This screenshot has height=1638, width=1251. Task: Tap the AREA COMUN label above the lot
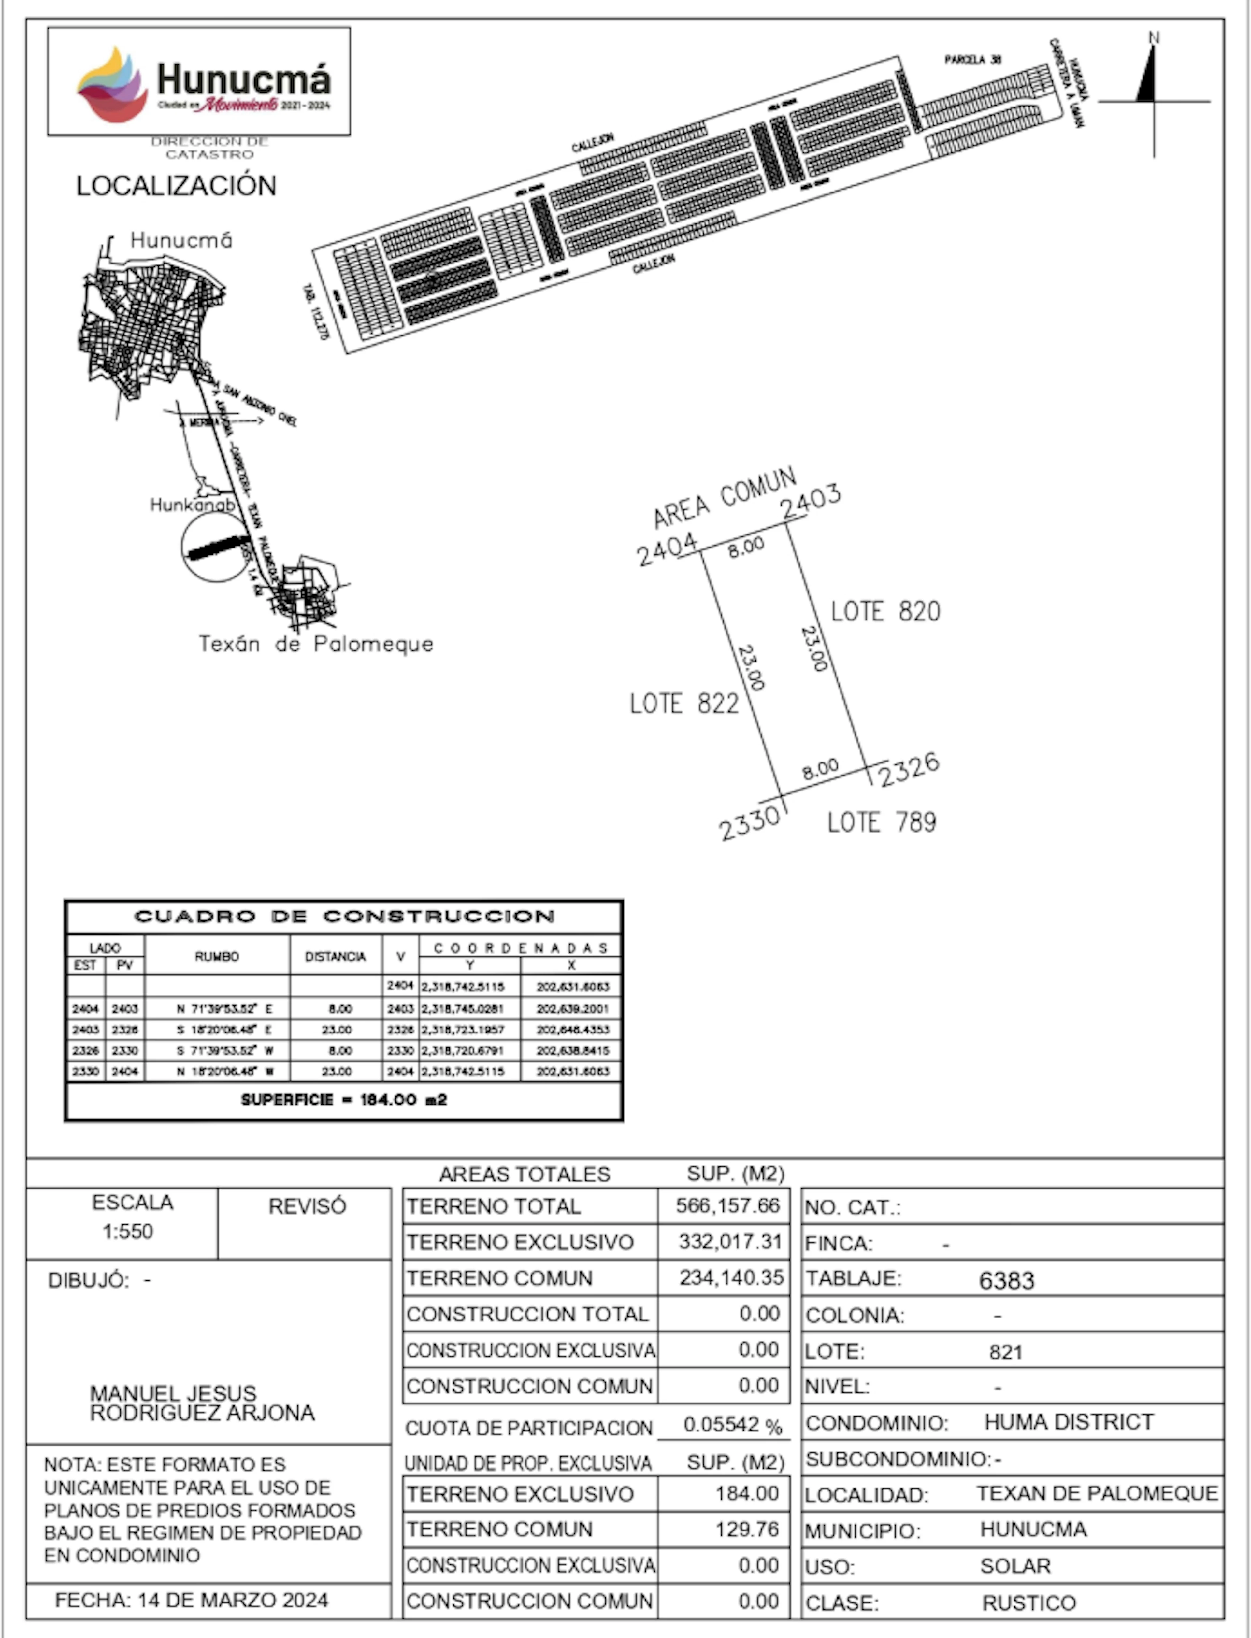coord(724,497)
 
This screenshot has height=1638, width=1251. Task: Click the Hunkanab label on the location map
coord(192,505)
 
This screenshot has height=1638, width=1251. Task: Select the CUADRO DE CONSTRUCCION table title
coord(344,917)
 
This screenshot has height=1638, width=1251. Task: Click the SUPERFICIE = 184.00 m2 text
coord(344,1100)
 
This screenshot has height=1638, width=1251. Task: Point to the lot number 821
coord(1005,1352)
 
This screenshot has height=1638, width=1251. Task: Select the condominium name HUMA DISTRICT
coord(1069,1422)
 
